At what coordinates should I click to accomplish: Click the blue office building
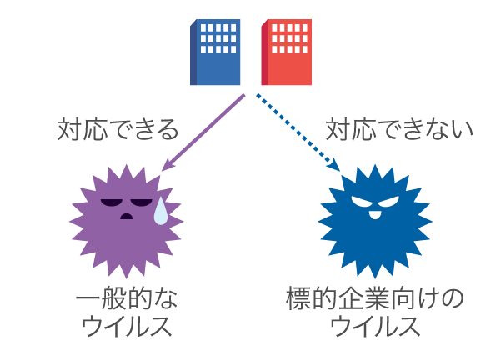(216, 52)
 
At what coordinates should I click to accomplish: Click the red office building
(287, 52)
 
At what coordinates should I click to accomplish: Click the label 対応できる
(118, 129)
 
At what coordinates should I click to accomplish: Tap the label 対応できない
(399, 129)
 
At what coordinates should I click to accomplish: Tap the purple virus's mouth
(126, 217)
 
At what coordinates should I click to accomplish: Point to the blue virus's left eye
(361, 201)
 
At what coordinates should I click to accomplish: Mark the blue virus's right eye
(388, 201)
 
